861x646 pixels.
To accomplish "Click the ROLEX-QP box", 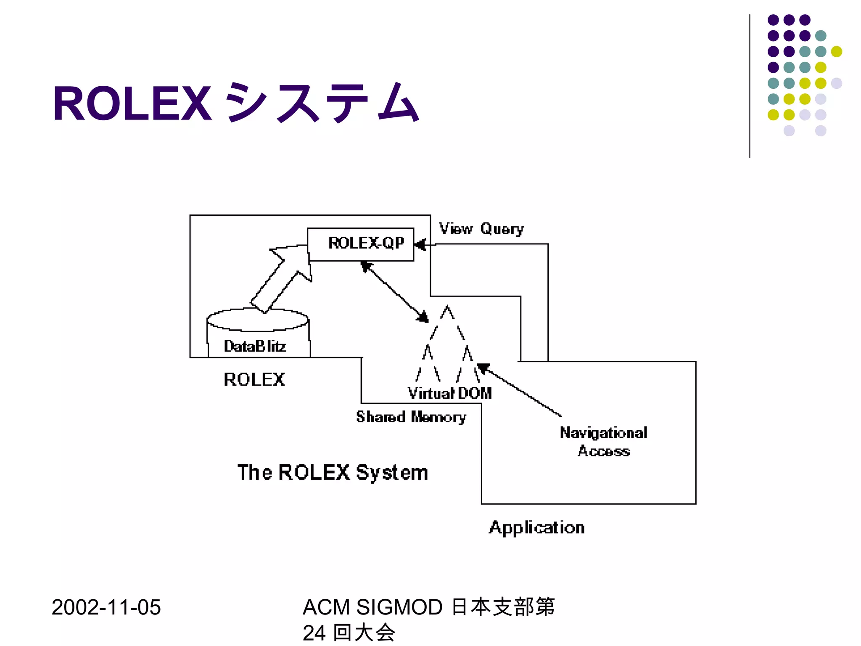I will point(361,244).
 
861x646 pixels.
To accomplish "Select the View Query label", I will point(481,229).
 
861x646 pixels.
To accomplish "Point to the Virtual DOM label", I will point(449,393).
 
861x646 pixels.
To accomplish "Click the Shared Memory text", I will point(411,417).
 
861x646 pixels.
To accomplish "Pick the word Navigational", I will point(603,433).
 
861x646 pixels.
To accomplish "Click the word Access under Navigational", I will point(604,451).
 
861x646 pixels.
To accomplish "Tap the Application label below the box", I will point(536,527).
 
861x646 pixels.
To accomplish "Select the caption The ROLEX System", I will point(333,472).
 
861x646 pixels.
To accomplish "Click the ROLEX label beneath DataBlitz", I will point(254,379).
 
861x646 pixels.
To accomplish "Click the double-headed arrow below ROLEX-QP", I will point(394,291).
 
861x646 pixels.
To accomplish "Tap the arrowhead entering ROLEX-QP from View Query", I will point(420,244).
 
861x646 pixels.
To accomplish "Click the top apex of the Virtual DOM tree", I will point(447,307).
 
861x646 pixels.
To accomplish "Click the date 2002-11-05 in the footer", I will point(106,607).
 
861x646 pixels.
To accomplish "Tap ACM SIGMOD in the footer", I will point(372,607).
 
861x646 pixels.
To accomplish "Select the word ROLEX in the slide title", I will point(132,103).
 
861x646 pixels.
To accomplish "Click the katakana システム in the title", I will point(322,103).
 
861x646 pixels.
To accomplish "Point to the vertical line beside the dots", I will point(750,86).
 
